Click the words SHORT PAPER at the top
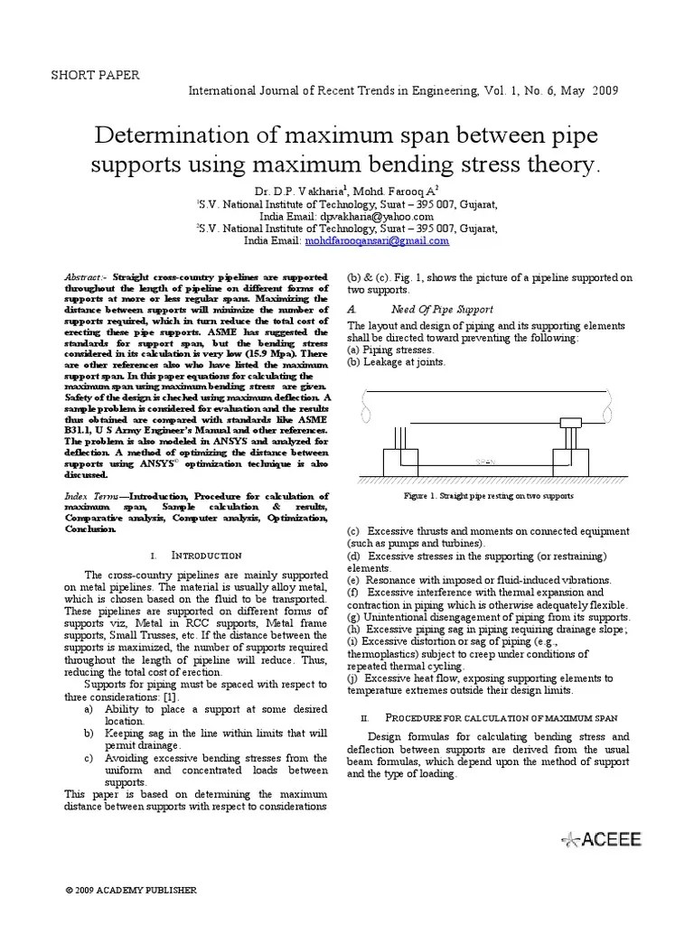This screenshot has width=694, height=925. [95, 75]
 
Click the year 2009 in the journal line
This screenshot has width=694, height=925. [605, 92]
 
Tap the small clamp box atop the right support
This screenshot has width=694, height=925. [571, 424]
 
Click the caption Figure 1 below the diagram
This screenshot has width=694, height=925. [489, 496]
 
